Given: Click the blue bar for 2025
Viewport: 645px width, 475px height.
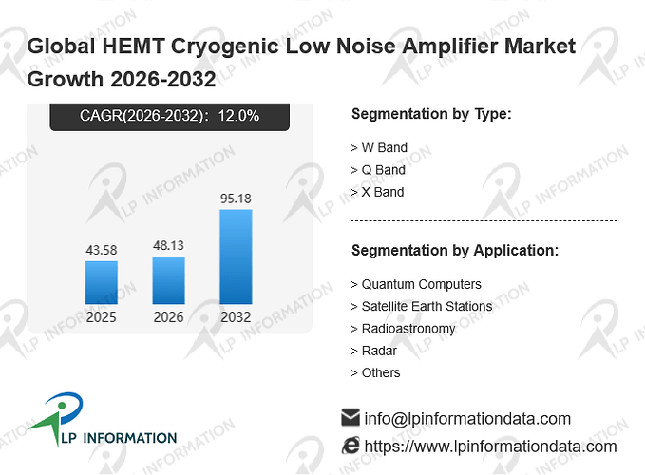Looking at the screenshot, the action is click(102, 282).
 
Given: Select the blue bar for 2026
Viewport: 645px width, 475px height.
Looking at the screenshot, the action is click(169, 280).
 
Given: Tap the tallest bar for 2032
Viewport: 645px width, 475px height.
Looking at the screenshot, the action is click(236, 257).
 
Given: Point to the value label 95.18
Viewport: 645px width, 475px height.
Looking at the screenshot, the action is click(236, 199).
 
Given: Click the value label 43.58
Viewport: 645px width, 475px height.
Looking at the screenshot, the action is click(102, 250).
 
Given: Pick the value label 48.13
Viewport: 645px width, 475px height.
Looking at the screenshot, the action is click(169, 245).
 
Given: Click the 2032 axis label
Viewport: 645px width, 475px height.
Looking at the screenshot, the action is click(236, 317).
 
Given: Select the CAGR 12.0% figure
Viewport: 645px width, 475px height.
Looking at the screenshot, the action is click(238, 116).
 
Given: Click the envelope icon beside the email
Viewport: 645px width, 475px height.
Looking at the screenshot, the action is click(351, 417).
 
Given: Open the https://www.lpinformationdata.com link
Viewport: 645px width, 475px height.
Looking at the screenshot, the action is click(490, 446).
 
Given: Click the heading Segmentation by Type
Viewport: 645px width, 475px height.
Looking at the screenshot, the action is click(431, 114).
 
